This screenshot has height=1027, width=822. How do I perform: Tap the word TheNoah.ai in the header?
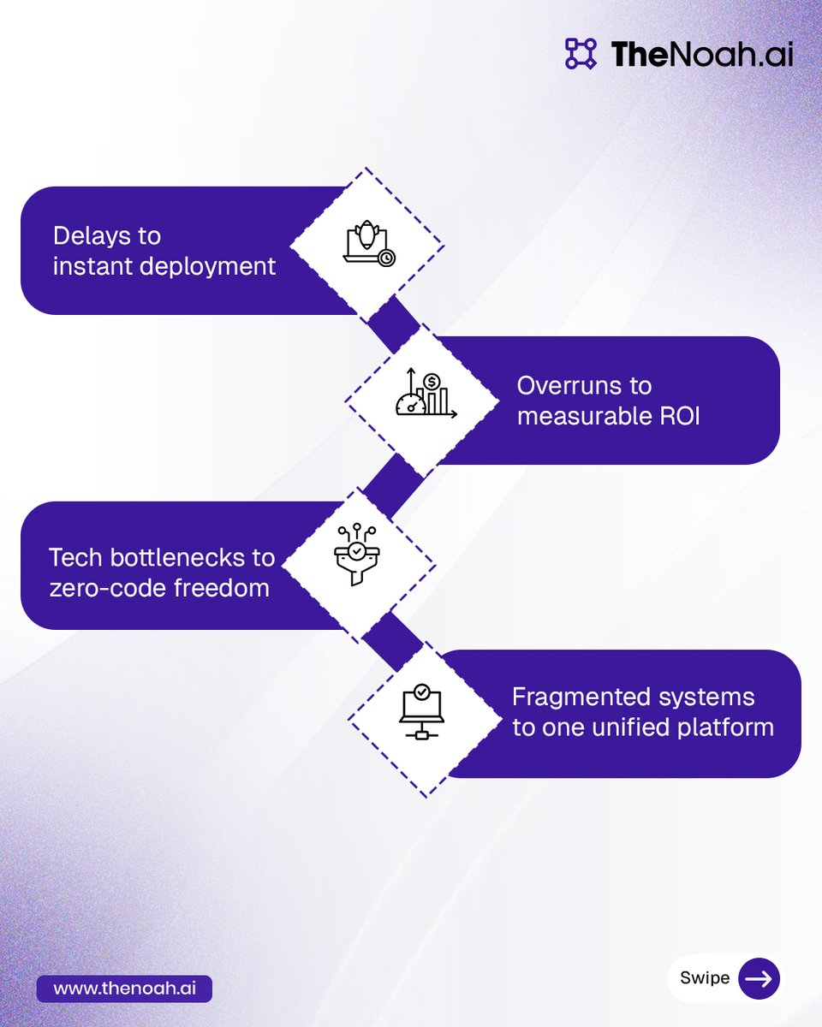[x=702, y=54]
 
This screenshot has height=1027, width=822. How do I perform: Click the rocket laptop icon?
[x=368, y=244]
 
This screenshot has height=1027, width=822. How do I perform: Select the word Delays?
[x=107, y=235]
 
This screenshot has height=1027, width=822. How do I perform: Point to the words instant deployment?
[x=164, y=266]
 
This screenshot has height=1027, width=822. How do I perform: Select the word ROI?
[x=680, y=417]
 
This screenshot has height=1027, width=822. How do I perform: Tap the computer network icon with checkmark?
[x=421, y=712]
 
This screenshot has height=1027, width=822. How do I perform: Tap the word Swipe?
[x=704, y=978]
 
